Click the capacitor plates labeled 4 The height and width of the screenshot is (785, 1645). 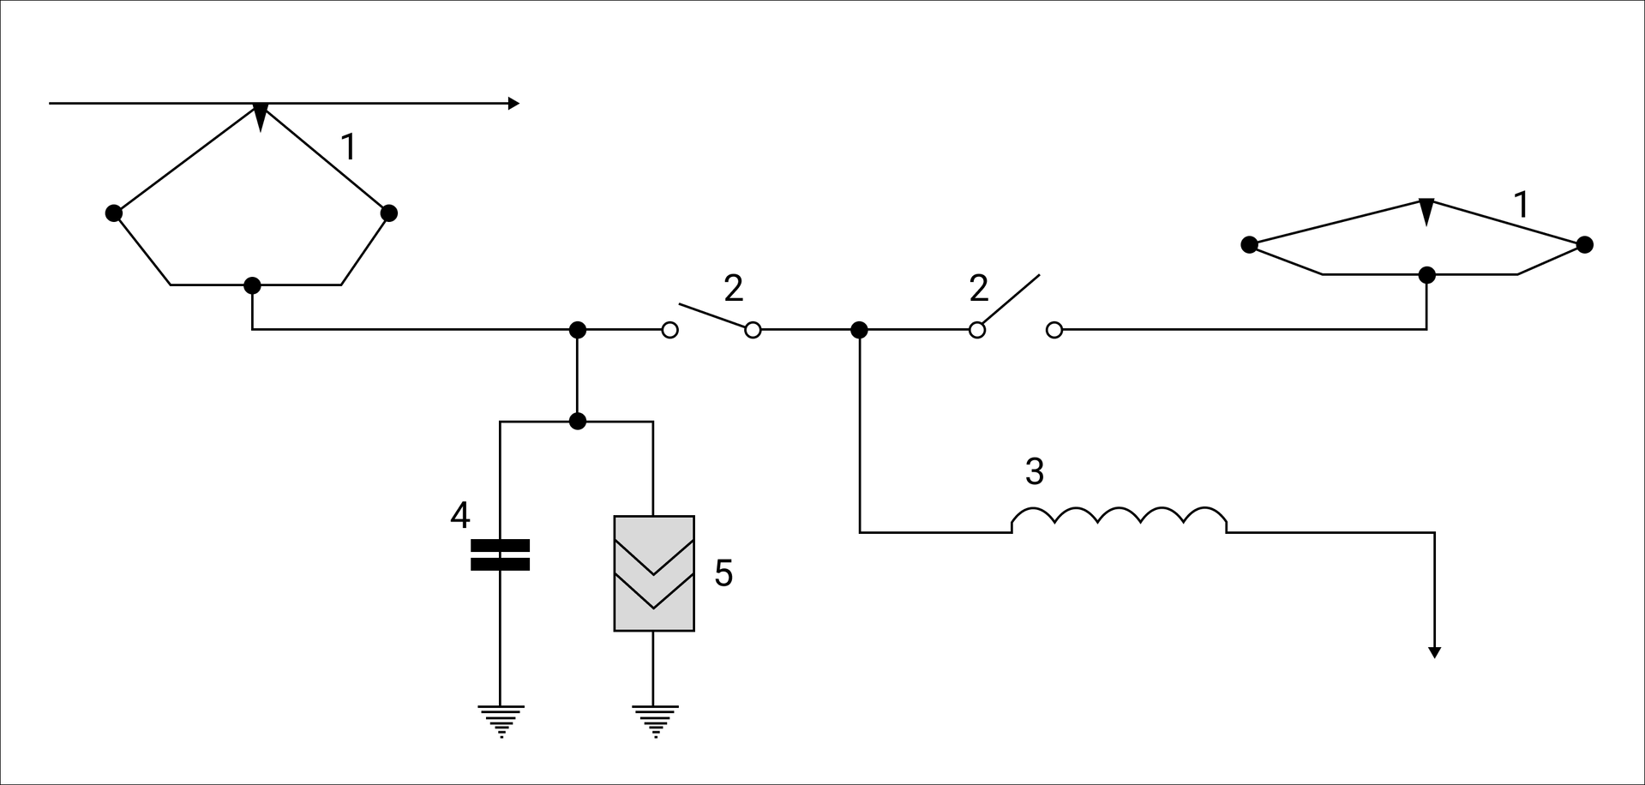[501, 554]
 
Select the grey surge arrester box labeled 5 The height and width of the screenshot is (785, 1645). [654, 573]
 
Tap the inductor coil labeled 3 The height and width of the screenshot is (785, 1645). [1119, 518]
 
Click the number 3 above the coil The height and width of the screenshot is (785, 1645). [1035, 471]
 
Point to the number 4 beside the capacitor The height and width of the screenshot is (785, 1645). [460, 516]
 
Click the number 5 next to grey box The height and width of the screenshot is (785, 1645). [723, 573]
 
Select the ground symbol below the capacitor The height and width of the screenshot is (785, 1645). [501, 720]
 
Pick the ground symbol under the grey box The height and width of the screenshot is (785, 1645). [654, 720]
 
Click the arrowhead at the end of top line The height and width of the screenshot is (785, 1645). [513, 104]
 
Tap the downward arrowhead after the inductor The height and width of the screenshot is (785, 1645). [1434, 652]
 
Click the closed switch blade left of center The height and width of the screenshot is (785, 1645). [711, 315]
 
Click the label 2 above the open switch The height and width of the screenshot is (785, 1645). [979, 289]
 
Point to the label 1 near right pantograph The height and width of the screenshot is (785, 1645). [1522, 206]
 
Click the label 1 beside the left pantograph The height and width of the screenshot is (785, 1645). [348, 147]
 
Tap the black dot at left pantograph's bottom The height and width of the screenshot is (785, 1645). [252, 285]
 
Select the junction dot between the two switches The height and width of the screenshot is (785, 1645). [859, 330]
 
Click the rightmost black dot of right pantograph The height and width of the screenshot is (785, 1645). [1585, 245]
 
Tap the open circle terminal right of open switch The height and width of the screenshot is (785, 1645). [1054, 330]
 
